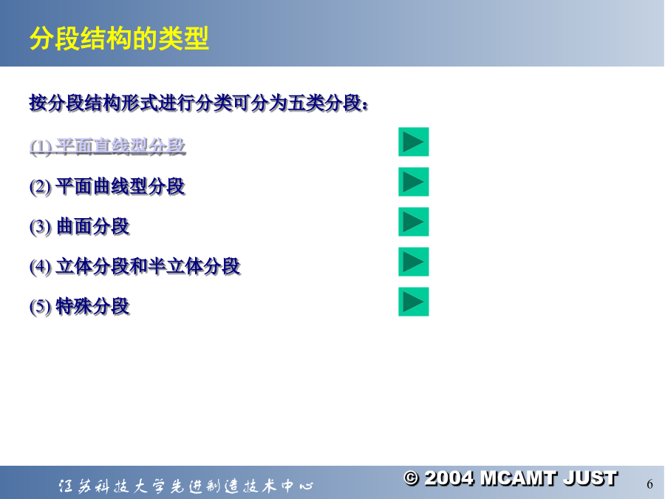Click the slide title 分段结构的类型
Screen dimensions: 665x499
click(x=119, y=38)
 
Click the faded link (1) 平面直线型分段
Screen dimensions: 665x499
click(x=108, y=146)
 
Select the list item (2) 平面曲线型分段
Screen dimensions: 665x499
click(x=108, y=186)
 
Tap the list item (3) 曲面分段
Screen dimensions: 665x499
click(x=80, y=226)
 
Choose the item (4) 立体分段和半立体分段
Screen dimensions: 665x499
click(x=135, y=266)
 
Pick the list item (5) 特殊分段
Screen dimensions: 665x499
click(x=80, y=306)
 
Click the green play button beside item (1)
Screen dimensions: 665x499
click(x=414, y=142)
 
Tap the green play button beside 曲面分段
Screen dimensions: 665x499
click(x=414, y=222)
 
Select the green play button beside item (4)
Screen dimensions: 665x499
click(x=414, y=262)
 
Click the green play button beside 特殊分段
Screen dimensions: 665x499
click(x=414, y=302)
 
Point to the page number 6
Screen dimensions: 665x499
click(x=649, y=484)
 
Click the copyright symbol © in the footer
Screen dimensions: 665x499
click(x=411, y=478)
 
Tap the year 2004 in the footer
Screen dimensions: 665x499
click(x=449, y=478)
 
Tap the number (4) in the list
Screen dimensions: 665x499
click(x=41, y=267)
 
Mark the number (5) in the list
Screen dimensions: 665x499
click(x=41, y=307)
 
